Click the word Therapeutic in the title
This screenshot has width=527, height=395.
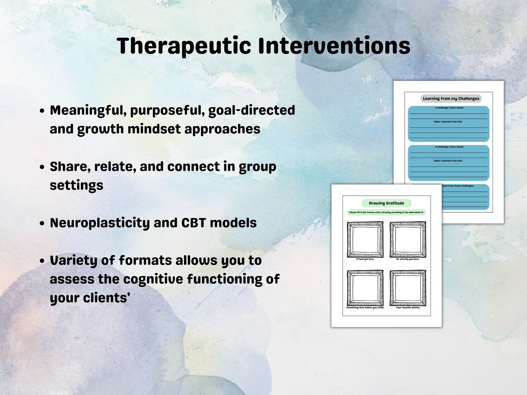[x=184, y=46]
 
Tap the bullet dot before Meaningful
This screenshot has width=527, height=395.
[x=42, y=111]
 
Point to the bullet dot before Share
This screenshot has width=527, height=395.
[x=42, y=167]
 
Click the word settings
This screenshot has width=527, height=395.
[x=76, y=185]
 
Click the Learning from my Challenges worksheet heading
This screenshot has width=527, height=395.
[x=451, y=99]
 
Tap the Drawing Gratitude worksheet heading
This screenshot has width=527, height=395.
[x=386, y=203]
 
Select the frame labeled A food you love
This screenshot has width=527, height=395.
[x=365, y=239]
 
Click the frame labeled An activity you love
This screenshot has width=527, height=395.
[x=408, y=239]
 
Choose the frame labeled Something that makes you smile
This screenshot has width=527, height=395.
[x=365, y=288]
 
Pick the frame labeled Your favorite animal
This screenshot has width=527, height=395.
[x=408, y=288]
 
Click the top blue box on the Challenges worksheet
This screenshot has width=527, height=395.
[x=448, y=124]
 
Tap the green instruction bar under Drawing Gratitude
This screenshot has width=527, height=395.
[x=386, y=212]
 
